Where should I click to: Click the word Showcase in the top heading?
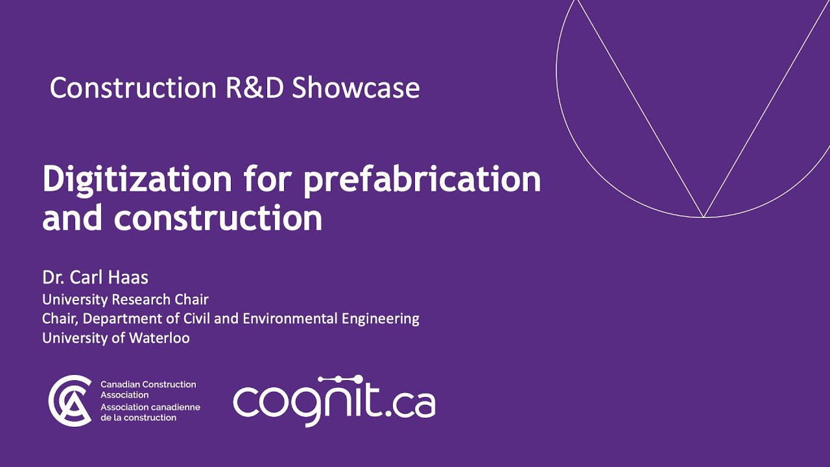[x=356, y=88]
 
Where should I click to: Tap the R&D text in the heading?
[x=255, y=88]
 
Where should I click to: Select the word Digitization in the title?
[x=137, y=179]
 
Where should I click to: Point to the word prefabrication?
[x=422, y=179]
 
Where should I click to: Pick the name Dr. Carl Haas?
[x=95, y=278]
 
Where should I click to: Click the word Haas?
[x=130, y=278]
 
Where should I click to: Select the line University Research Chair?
[x=125, y=300]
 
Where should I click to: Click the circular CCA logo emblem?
[x=70, y=401]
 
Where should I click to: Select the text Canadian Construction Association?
[x=148, y=389]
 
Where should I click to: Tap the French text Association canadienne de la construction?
[x=150, y=413]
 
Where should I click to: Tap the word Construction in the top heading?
[x=133, y=88]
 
